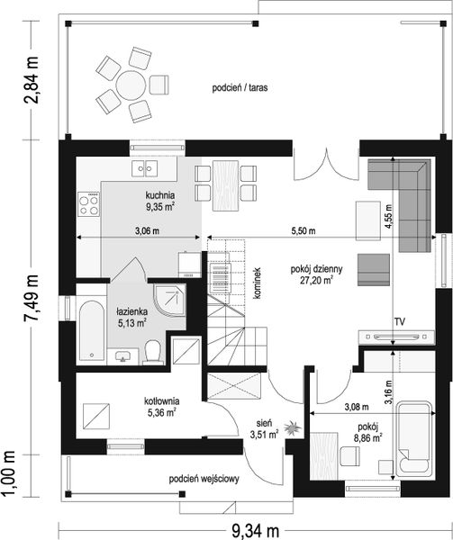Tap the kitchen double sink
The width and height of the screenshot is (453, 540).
click(145, 169)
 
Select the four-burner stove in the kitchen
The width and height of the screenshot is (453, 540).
click(89, 204)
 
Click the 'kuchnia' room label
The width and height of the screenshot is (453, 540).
click(159, 195)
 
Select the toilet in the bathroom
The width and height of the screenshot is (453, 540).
click(153, 352)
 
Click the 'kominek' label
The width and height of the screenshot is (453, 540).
click(258, 283)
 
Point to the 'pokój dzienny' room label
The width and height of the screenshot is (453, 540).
click(316, 269)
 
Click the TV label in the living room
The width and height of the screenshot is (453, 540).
click(400, 322)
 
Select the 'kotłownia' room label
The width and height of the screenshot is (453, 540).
click(161, 401)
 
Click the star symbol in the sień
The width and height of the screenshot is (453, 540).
click(293, 428)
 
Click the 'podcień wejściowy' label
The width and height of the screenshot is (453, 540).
click(204, 479)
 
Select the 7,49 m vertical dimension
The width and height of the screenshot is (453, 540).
click(31, 298)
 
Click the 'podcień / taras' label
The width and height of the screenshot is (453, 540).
click(240, 88)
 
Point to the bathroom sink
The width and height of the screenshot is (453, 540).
click(123, 356)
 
